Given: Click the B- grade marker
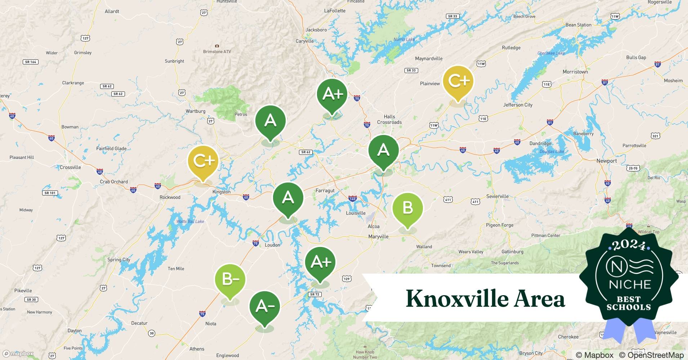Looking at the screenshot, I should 230,280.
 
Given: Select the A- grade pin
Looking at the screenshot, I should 265,306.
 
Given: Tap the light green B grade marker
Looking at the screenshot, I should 407,208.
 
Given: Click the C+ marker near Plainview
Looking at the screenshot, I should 458,81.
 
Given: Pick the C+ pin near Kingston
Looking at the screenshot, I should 203,161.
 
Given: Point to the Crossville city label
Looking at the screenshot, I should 70,167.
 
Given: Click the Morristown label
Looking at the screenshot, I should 575,72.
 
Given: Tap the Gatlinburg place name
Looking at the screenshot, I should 512,252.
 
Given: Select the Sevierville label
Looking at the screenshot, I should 497,197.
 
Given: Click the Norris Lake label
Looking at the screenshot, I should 404,40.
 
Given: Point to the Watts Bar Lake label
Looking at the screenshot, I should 190,221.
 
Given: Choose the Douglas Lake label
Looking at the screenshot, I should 551,152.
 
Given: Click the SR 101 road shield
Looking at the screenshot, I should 50,193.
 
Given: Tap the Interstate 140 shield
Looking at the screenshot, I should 352,199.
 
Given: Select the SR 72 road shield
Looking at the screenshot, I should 314,294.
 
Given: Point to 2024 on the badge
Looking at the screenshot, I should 629,245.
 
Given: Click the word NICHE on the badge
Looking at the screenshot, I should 630,285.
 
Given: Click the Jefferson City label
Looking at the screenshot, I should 518,105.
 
